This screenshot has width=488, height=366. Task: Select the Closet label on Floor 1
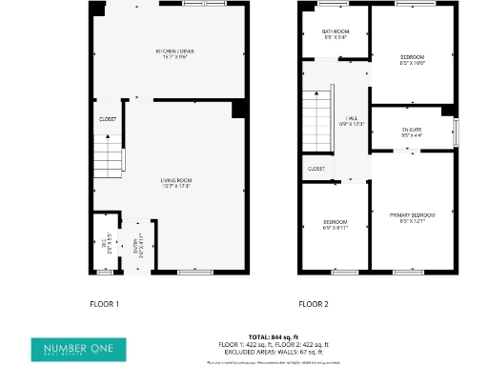point(108,119)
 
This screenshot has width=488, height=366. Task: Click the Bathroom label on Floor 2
point(335,36)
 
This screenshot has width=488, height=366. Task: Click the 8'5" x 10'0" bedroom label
point(412,60)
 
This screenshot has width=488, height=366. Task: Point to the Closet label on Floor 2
point(316,169)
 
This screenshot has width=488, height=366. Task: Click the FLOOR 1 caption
point(104,304)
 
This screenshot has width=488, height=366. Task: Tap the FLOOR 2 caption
point(313,304)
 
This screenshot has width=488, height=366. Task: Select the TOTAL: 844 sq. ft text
point(274,336)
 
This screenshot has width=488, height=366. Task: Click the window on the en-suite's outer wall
point(456,128)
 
